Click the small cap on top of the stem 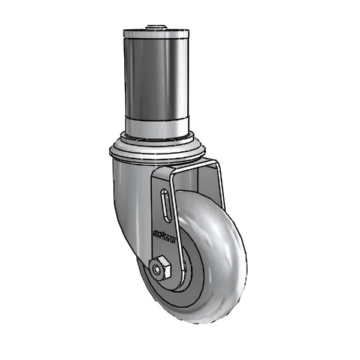click(x=156, y=26)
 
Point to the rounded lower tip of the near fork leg click(x=168, y=282)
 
